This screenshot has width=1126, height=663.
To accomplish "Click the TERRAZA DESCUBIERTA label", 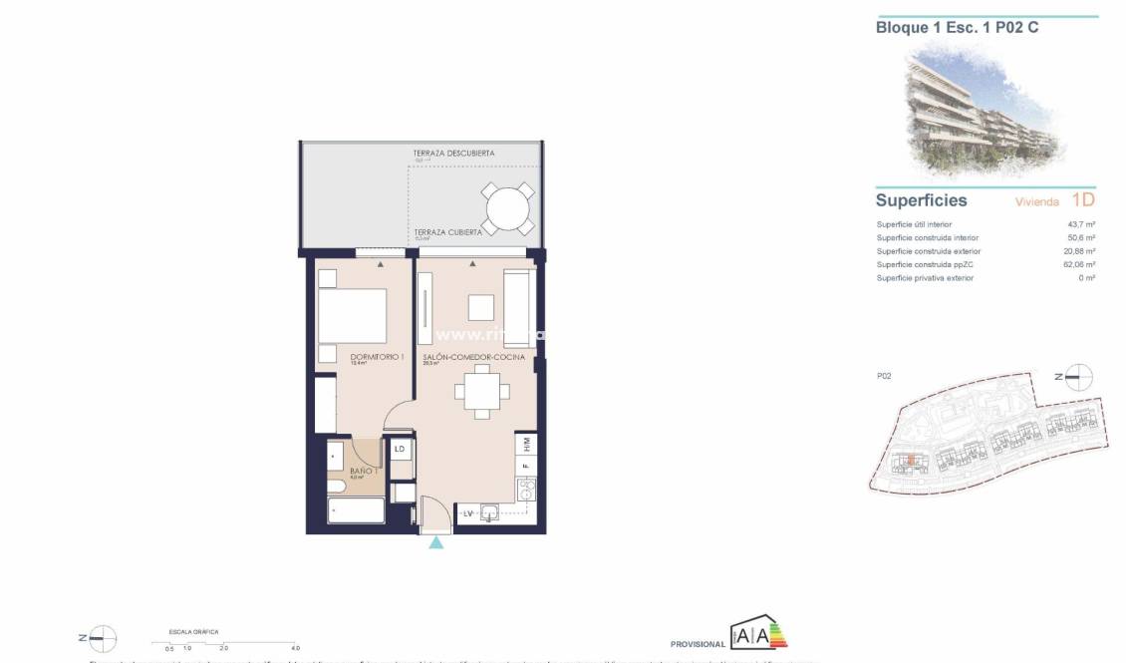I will point(453,154).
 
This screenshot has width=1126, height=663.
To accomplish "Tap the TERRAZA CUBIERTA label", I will point(448,231).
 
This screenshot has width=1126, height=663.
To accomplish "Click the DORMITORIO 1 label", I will point(376,356).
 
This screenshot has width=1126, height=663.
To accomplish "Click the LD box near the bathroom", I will point(400,450).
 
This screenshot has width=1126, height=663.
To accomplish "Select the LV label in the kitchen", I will point(467,513).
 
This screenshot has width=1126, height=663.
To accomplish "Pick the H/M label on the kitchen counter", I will point(526,443).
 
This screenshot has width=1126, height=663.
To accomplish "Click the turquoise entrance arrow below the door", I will point(435,542).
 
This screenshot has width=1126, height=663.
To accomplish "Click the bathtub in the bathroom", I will point(355,512).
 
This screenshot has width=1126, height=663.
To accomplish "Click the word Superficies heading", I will point(921,200).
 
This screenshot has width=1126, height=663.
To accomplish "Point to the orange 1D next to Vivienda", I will point(1083,199).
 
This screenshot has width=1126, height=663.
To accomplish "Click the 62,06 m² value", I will point(1078,264).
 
